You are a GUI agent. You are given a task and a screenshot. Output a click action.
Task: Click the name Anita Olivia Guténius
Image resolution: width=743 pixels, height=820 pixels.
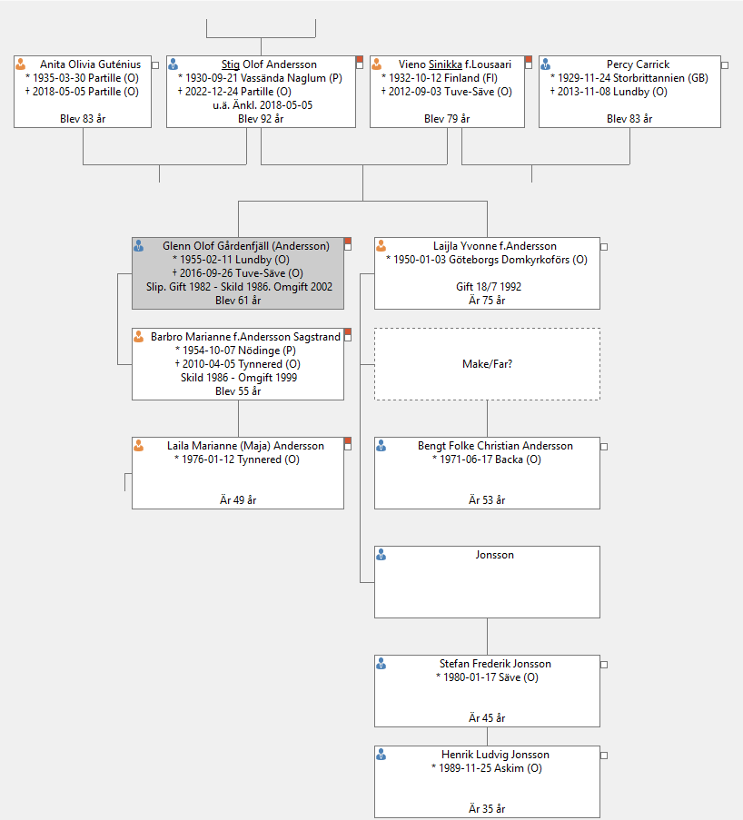pyautogui.click(x=91, y=64)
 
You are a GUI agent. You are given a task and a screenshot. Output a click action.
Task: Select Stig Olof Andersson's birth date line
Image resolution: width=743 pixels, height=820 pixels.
pyautogui.click(x=260, y=78)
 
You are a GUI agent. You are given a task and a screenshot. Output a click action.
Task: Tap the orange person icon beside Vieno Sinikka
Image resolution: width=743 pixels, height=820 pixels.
pyautogui.click(x=376, y=64)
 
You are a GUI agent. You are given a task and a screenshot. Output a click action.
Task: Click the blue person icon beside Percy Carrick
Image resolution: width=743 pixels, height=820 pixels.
pyautogui.click(x=545, y=64)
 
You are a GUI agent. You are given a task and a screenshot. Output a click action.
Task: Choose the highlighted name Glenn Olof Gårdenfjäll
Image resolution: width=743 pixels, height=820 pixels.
pyautogui.click(x=246, y=246)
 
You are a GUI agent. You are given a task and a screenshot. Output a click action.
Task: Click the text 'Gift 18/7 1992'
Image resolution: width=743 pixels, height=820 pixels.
pyautogui.click(x=489, y=287)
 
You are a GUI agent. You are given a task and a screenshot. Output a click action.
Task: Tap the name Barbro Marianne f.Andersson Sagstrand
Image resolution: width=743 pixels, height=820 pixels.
pyautogui.click(x=245, y=337)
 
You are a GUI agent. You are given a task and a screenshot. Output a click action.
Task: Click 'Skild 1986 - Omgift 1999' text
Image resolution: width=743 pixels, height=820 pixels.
pyautogui.click(x=239, y=378)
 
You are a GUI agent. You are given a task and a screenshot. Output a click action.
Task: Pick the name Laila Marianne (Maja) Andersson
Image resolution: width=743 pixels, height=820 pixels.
pyautogui.click(x=245, y=446)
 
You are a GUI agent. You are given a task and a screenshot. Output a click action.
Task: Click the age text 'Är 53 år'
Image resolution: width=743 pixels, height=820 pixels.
pyautogui.click(x=487, y=500)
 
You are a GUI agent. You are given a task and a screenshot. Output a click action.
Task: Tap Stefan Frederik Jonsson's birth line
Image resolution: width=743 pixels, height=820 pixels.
pyautogui.click(x=487, y=677)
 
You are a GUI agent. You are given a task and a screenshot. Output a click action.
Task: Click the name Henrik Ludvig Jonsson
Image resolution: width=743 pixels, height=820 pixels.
pyautogui.click(x=495, y=755)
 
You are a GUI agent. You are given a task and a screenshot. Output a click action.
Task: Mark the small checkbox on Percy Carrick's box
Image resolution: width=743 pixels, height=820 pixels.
pyautogui.click(x=725, y=65)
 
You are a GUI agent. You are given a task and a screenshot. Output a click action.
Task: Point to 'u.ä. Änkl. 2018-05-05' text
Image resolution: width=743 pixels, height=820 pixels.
pyautogui.click(x=263, y=105)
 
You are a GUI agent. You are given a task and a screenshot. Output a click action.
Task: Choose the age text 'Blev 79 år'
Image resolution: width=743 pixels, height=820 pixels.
pyautogui.click(x=447, y=119)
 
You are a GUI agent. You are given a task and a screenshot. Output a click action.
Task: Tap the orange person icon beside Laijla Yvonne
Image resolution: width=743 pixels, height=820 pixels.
pyautogui.click(x=381, y=246)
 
